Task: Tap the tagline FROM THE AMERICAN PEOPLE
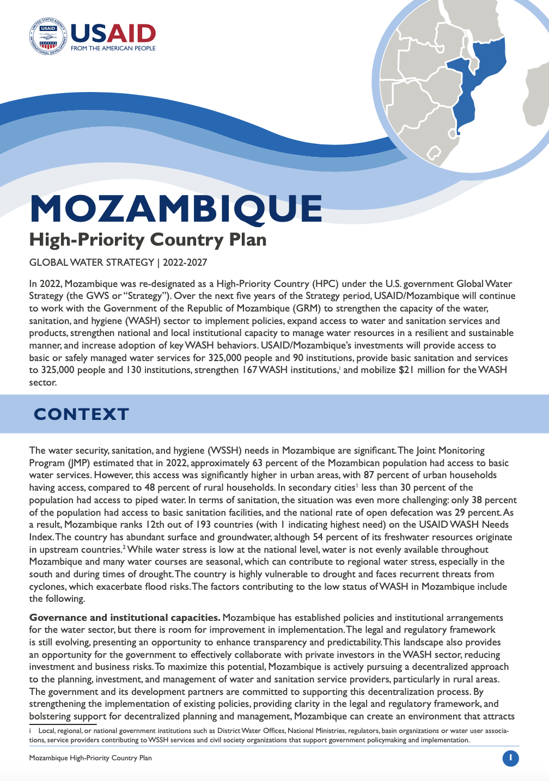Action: click(113, 48)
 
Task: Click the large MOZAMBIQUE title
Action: click(176, 209)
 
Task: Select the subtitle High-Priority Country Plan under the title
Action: click(148, 240)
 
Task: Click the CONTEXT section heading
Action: click(81, 414)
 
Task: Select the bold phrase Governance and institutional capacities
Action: click(125, 618)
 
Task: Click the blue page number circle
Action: click(510, 758)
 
